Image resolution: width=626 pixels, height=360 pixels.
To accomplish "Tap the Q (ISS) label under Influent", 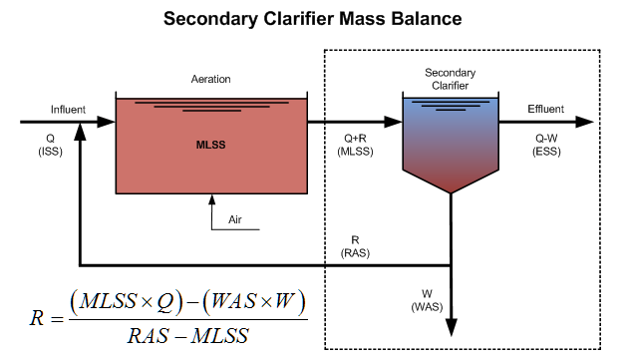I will tap(50, 146).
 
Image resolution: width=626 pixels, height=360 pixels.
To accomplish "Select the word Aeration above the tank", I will tap(210, 80).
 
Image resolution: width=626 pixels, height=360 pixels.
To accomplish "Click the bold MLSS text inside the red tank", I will tap(210, 146).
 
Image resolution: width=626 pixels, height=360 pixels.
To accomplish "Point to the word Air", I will tap(235, 217).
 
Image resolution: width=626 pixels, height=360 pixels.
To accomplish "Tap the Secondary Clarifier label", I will tap(450, 79).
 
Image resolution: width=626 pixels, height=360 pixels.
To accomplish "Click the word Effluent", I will tap(546, 109).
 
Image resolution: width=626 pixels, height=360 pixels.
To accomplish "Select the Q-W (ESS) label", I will tap(546, 146).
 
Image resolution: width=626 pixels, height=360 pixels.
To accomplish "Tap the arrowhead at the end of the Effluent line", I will tap(596, 123).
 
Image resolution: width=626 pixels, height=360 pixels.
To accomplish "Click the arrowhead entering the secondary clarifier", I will tap(395, 123).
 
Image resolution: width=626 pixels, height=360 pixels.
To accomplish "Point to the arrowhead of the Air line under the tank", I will tap(210, 199).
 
